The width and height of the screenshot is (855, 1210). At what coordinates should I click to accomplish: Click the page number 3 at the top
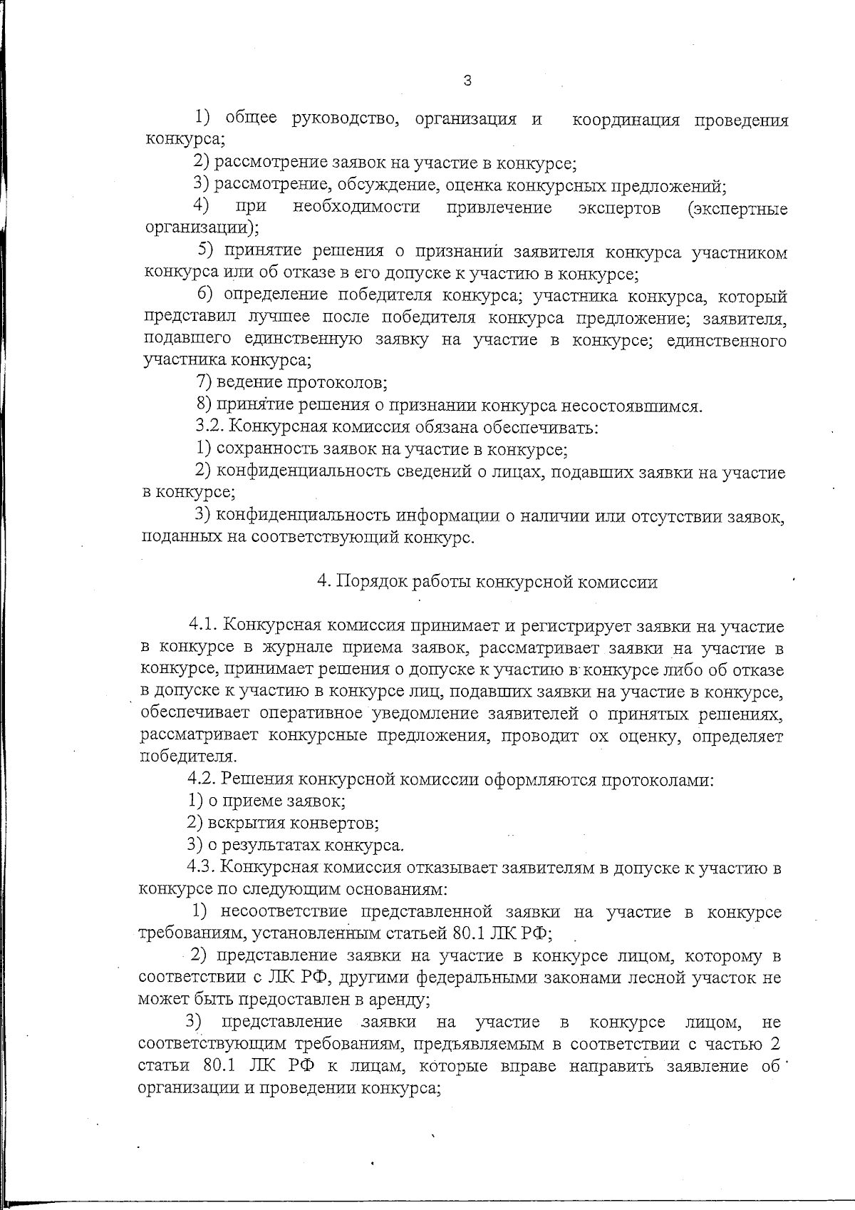click(467, 81)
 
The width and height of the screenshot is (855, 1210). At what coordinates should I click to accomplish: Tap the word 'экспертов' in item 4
click(618, 208)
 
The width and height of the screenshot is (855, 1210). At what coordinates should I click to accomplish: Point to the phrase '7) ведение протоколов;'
click(292, 383)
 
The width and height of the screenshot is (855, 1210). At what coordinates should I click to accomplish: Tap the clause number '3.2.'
click(211, 428)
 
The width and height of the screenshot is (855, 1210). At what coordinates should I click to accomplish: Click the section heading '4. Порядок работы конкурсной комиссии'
click(487, 582)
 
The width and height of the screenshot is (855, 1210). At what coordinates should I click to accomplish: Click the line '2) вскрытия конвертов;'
click(283, 823)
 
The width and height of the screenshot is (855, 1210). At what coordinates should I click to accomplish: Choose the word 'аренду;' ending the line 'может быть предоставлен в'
click(400, 1000)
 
